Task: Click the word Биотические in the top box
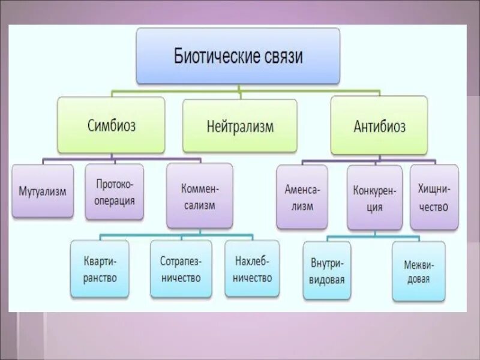tap(215, 58)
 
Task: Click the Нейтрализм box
tap(239, 127)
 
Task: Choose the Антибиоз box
tap(379, 127)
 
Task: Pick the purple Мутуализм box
tap(42, 191)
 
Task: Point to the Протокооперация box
tap(115, 193)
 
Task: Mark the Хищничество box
tap(434, 196)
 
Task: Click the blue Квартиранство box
tap(100, 269)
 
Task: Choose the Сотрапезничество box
tap(181, 269)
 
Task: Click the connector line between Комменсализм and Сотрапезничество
tap(181, 236)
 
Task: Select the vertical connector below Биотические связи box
tap(239, 88)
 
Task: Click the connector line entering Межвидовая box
tap(418, 238)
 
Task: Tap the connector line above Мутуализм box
tap(42, 161)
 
